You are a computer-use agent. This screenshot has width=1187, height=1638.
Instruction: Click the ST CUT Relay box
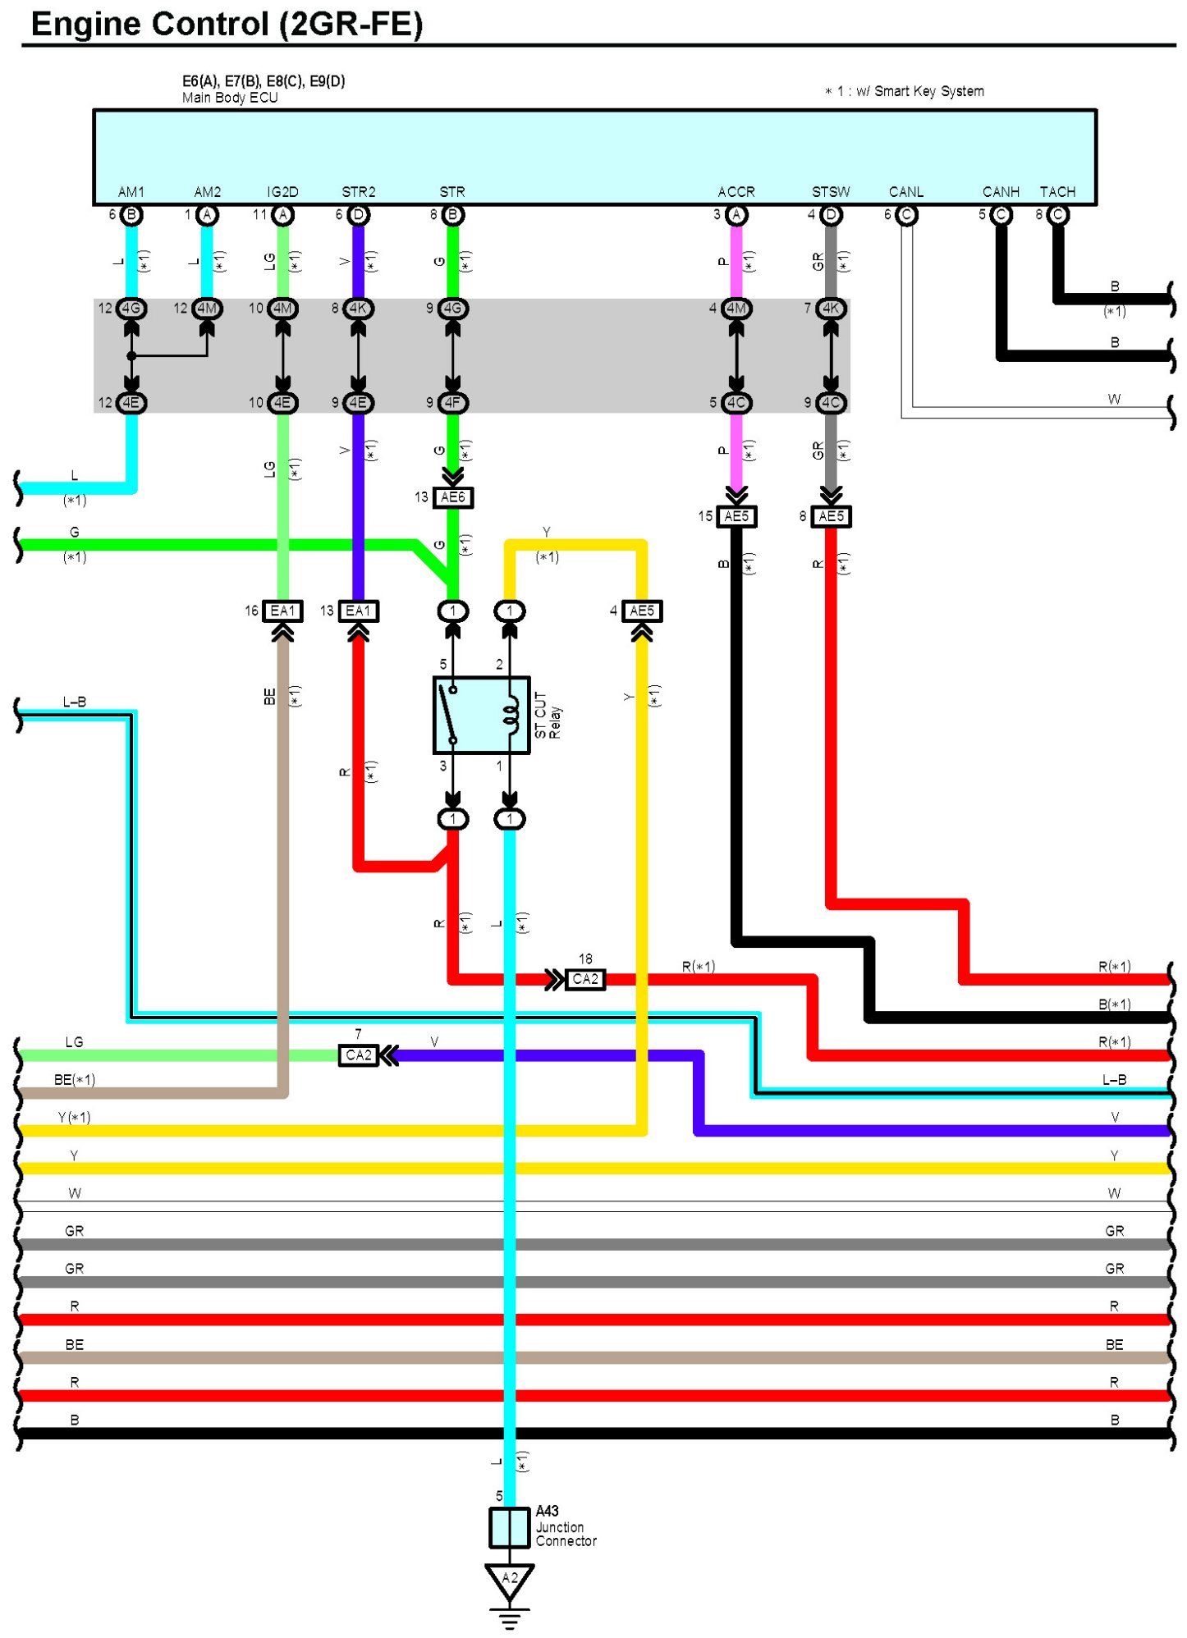click(481, 715)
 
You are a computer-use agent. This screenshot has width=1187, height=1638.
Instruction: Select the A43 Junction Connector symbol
click(509, 1527)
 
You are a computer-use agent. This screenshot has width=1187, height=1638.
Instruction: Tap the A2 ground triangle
click(509, 1580)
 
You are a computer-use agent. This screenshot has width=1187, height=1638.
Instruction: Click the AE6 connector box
click(452, 497)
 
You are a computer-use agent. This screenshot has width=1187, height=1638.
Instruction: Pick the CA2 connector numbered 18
click(584, 979)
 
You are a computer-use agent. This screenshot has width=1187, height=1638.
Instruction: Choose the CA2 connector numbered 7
click(358, 1055)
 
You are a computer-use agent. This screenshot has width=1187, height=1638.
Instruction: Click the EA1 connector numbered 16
click(282, 611)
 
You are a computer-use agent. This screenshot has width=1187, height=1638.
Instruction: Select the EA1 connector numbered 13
click(358, 611)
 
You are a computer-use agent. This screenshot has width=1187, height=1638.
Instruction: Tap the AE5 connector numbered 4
click(641, 611)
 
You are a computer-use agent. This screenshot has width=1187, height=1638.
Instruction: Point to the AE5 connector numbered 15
click(736, 516)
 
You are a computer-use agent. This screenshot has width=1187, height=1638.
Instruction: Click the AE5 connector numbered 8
click(831, 516)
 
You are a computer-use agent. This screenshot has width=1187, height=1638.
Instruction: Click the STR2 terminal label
click(358, 192)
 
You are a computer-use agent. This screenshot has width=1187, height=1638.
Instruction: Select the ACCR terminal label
click(736, 192)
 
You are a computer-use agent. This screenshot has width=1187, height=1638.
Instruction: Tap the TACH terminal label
click(1057, 192)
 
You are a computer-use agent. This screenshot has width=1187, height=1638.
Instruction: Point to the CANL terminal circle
click(906, 215)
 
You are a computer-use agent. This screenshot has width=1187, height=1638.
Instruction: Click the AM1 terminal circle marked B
click(131, 215)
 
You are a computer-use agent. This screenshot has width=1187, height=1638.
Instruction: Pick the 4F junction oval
click(452, 403)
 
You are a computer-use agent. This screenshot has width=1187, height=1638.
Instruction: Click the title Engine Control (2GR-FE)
click(227, 25)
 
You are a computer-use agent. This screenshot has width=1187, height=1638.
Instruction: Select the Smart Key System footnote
click(905, 91)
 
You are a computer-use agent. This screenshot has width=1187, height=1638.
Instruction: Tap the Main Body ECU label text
click(230, 98)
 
